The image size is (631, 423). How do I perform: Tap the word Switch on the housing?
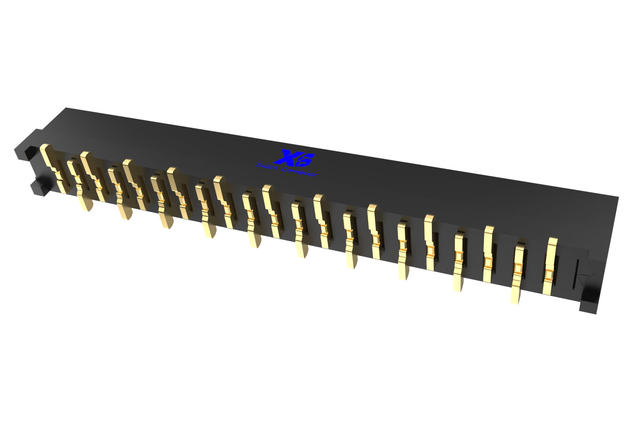click(x=267, y=167)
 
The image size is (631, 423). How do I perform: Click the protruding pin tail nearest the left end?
click(x=85, y=203)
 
